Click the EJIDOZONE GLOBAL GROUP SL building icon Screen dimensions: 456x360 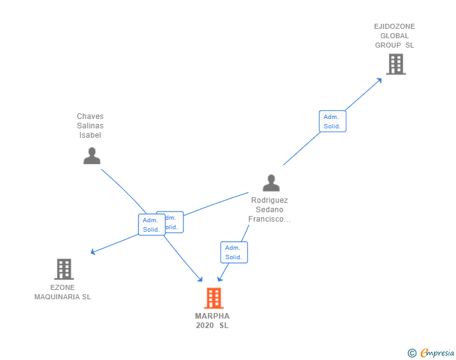point(395,64)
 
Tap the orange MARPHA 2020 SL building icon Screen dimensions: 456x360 point(214,298)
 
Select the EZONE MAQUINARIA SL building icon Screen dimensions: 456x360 point(64,269)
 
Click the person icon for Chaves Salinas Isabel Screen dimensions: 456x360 point(91,156)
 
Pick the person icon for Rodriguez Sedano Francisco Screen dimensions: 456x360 point(271,183)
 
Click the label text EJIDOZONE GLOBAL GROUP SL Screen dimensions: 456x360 point(395,36)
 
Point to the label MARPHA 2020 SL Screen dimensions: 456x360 point(212,321)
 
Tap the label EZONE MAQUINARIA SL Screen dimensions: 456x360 point(63,292)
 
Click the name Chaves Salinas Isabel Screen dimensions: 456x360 point(90,126)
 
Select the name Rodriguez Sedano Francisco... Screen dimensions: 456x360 point(269,210)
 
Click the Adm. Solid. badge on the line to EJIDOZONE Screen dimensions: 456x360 point(332,121)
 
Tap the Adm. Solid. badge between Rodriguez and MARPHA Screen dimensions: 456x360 point(234,252)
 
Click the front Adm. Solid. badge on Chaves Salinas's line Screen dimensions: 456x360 point(152,225)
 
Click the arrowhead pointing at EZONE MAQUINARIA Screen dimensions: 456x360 point(93,252)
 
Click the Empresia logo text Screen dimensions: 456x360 point(437,353)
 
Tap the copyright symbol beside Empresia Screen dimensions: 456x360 point(412,353)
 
